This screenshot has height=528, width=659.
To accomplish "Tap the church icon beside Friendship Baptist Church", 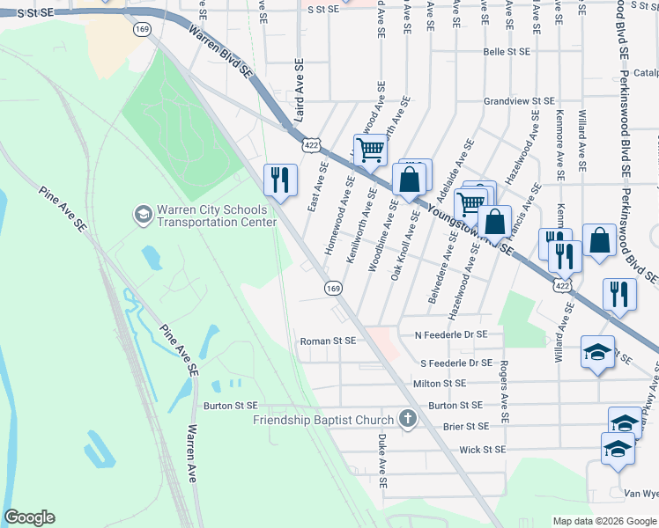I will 407,419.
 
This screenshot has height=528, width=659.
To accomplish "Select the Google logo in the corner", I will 29,517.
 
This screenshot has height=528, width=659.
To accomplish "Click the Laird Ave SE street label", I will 300,91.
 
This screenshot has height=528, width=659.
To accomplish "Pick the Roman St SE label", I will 328,341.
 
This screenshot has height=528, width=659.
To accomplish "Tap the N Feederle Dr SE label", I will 450,334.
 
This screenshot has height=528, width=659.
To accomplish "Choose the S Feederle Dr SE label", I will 455,363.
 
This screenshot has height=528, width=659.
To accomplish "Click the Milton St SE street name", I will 445,384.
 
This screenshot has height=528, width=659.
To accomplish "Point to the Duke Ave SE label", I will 382,460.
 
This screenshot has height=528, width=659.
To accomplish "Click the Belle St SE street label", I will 507,52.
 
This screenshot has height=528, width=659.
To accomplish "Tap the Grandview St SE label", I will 519,102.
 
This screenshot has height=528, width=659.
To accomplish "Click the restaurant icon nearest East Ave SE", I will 280,180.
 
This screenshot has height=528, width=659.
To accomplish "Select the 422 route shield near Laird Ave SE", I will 310,143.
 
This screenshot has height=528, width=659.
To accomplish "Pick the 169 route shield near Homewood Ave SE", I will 333,288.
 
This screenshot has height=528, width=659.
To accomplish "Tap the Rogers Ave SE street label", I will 505,388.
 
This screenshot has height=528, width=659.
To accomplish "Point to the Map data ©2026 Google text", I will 603,520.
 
